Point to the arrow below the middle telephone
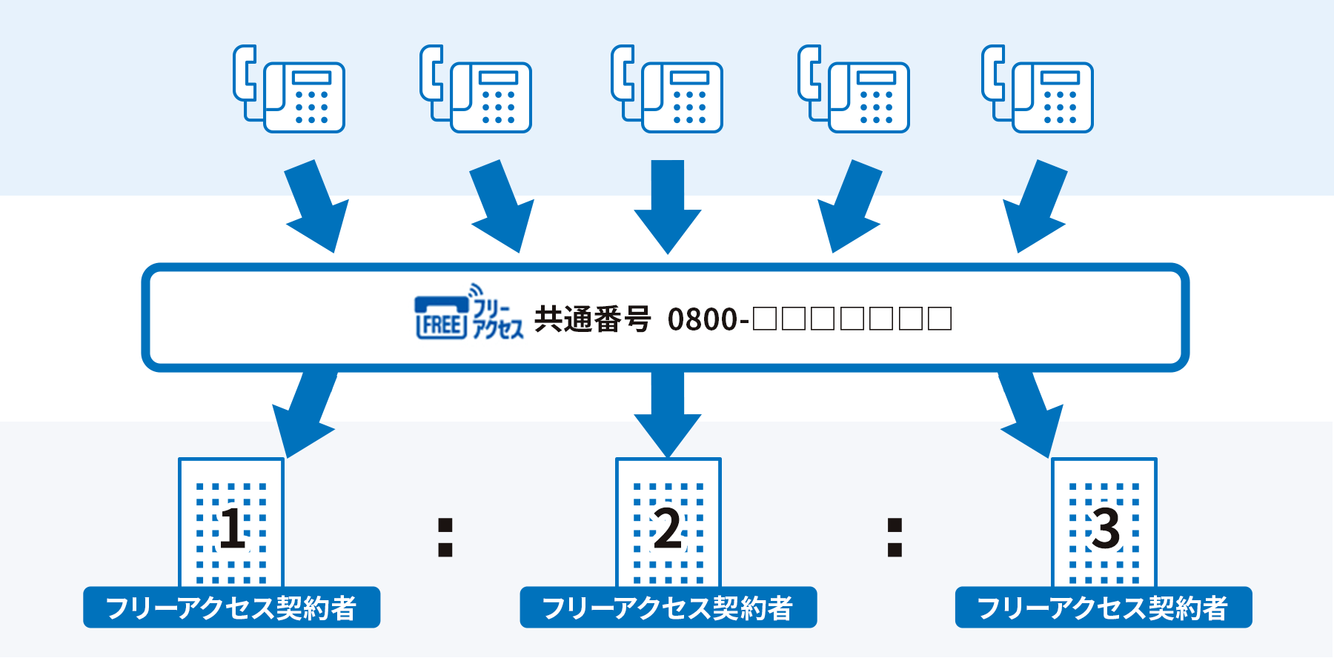(x=668, y=207)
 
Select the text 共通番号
(x=592, y=319)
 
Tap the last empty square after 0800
(x=940, y=319)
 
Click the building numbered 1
(x=231, y=522)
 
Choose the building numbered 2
(x=668, y=522)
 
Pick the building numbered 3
(x=1104, y=522)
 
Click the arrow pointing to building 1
(x=305, y=415)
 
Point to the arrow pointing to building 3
(x=1031, y=415)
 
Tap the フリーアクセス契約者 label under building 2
(x=668, y=608)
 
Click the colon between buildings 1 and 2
(x=445, y=537)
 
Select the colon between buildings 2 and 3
(x=895, y=537)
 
